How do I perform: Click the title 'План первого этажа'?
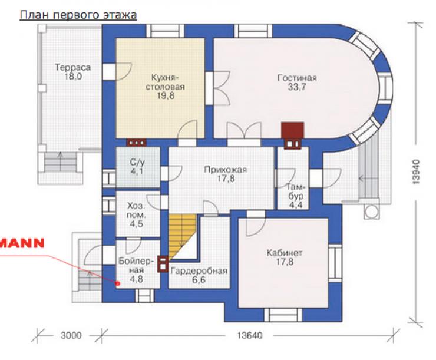[x=78, y=15]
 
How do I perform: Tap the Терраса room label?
[x=73, y=67]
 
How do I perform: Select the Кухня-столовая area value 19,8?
[x=165, y=95]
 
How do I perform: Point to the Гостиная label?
[x=298, y=78]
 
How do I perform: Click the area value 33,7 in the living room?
[x=298, y=87]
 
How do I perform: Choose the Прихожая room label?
[x=226, y=170]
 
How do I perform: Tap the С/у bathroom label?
[x=137, y=162]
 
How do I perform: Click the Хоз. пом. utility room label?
[x=136, y=210]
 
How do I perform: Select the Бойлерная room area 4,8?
[x=137, y=279]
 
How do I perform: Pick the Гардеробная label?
[x=199, y=271]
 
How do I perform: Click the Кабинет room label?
[x=284, y=253]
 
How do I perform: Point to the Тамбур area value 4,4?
[x=296, y=205]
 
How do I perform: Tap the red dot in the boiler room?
[x=118, y=283]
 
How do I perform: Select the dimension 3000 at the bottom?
[x=71, y=335]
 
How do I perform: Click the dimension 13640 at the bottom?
[x=249, y=335]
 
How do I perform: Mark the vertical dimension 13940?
[x=416, y=171]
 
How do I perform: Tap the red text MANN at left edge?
[x=22, y=243]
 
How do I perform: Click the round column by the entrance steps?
[x=371, y=212]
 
